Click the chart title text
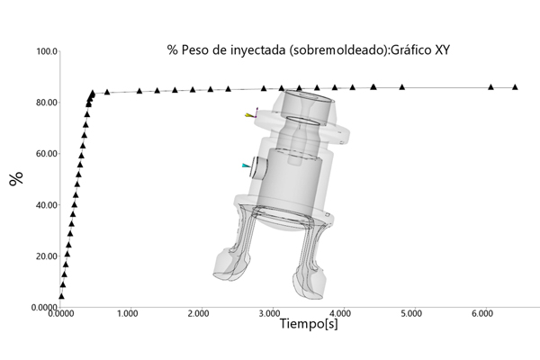[x=308, y=50]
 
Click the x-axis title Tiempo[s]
[x=309, y=324]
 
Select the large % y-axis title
[x=16, y=178]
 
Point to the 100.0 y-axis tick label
[x=47, y=51]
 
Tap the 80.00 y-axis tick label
[x=47, y=103]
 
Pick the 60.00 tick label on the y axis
[x=47, y=154]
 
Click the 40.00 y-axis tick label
[x=47, y=205]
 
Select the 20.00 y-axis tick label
[x=47, y=256]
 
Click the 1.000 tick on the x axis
[x=128, y=313]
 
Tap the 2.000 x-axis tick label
[x=198, y=313]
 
